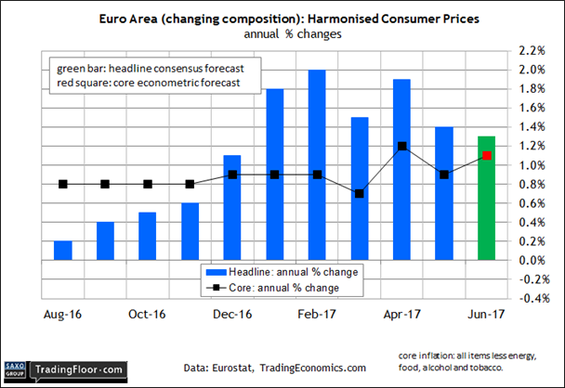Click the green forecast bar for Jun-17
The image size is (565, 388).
pyautogui.click(x=486, y=199)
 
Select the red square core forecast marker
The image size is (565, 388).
pyautogui.click(x=486, y=156)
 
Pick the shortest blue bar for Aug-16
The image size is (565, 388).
pyautogui.click(x=62, y=251)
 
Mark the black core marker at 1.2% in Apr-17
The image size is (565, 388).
pyautogui.click(x=401, y=146)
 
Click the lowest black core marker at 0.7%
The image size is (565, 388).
pyautogui.click(x=360, y=194)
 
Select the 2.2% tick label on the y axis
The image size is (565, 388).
pyautogui.click(x=532, y=51)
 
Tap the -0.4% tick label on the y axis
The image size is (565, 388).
pyautogui.click(x=530, y=299)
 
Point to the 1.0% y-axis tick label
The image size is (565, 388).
pyautogui.click(x=532, y=165)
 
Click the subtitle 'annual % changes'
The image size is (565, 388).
pyautogui.click(x=282, y=33)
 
